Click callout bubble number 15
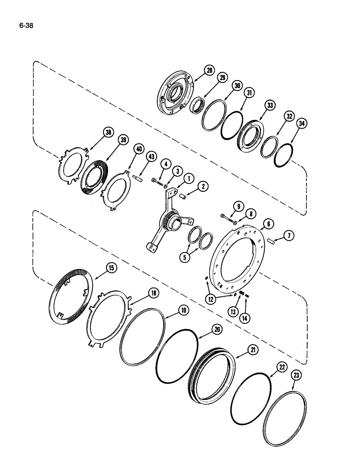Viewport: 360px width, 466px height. point(111,267)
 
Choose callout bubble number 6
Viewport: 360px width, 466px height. point(268,224)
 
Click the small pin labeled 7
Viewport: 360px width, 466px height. point(274,241)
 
